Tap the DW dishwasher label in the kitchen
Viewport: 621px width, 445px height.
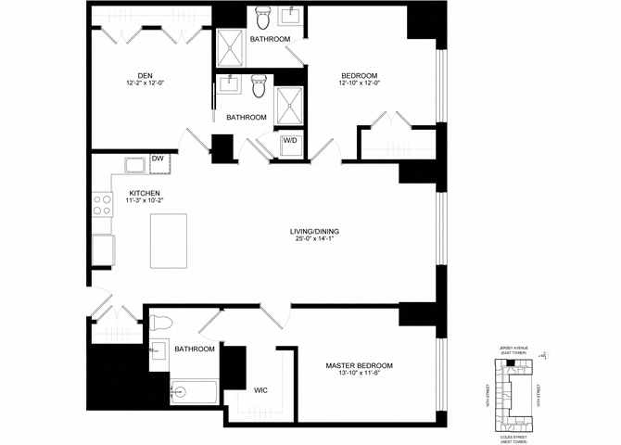158,159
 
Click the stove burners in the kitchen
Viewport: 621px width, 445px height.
100,208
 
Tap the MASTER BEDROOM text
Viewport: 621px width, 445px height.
360,365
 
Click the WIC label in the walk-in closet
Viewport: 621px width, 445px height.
260,390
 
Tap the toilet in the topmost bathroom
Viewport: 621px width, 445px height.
262,19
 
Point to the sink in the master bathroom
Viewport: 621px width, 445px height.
158,350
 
